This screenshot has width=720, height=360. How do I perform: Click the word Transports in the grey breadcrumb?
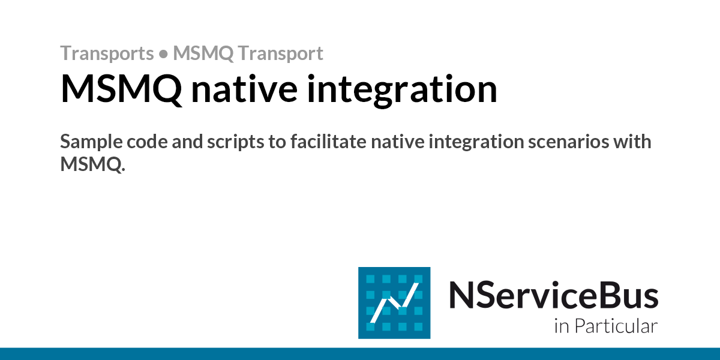[107, 53]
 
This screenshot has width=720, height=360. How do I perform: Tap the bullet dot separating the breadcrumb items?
[163, 54]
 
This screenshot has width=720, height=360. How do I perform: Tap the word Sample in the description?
[89, 143]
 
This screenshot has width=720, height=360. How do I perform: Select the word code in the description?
[141, 143]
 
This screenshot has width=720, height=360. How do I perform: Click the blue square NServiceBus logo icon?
[394, 302]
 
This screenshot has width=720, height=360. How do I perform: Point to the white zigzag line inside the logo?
[394, 303]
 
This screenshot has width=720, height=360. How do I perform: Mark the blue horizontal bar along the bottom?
[360, 353]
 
